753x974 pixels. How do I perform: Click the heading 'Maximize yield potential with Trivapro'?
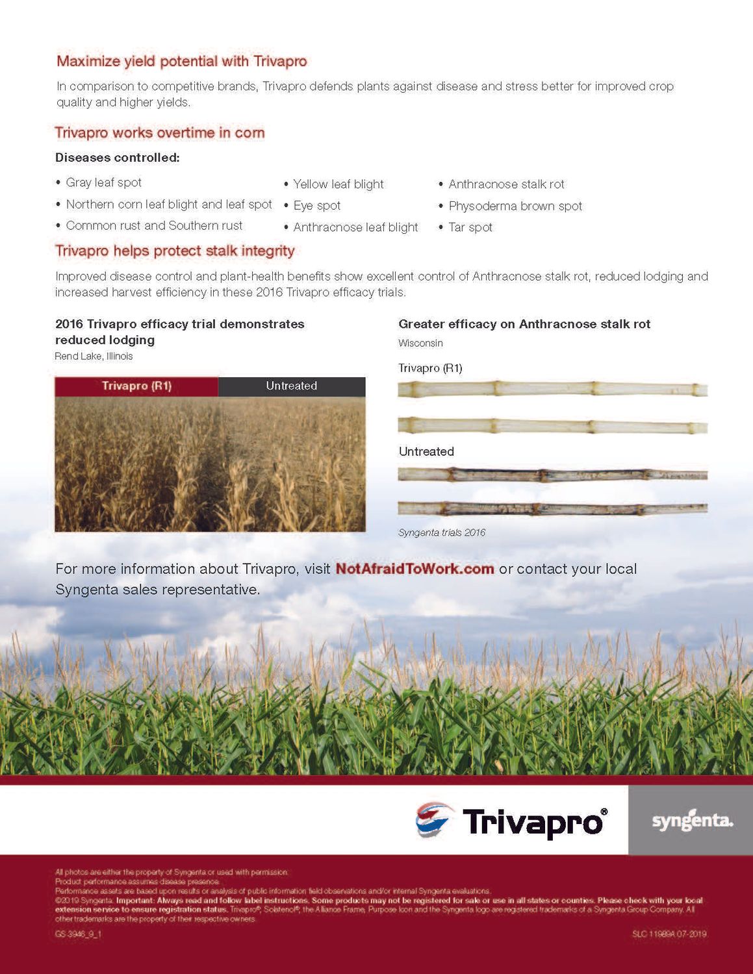pyautogui.click(x=181, y=62)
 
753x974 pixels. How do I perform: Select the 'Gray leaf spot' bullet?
pyautogui.click(x=103, y=183)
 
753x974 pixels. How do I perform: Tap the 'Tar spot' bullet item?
pyautogui.click(x=470, y=227)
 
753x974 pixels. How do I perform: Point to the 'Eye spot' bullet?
pyautogui.click(x=316, y=206)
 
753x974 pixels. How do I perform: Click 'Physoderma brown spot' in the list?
pyautogui.click(x=515, y=206)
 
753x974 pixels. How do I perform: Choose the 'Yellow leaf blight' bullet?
pyautogui.click(x=338, y=184)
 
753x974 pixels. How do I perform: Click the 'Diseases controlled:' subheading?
pyautogui.click(x=117, y=158)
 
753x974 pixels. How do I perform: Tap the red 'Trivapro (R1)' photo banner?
pyautogui.click(x=136, y=386)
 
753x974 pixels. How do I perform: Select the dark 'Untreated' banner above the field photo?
pyautogui.click(x=291, y=386)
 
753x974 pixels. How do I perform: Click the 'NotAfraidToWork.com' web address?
pyautogui.click(x=415, y=569)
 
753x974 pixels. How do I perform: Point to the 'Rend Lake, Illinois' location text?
pyautogui.click(x=94, y=356)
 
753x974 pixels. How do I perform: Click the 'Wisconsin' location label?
pyautogui.click(x=420, y=343)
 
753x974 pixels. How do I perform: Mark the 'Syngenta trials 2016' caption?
pyautogui.click(x=442, y=533)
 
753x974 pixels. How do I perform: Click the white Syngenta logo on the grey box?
pyautogui.click(x=692, y=821)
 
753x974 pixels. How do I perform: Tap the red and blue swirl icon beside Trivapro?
pyautogui.click(x=433, y=819)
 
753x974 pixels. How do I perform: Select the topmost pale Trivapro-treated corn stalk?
pyautogui.click(x=552, y=390)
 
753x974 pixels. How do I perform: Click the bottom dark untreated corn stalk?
pyautogui.click(x=552, y=508)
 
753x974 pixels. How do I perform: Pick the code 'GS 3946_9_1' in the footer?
pyautogui.click(x=78, y=934)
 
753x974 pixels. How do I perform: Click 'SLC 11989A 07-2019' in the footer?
pyautogui.click(x=669, y=934)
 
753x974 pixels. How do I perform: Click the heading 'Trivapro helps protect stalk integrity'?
pyautogui.click(x=175, y=251)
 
